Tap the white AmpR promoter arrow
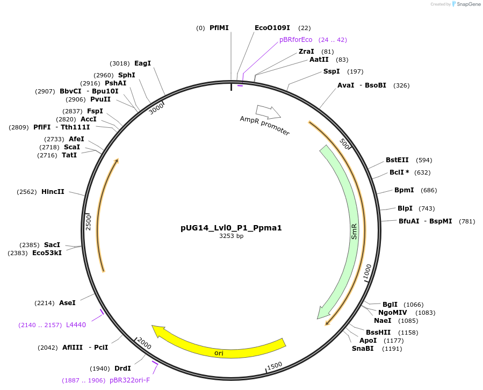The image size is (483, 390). [268, 112]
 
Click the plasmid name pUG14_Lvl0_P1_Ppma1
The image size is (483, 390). [231, 228]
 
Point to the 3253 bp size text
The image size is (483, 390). [232, 236]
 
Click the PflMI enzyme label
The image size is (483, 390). [219, 28]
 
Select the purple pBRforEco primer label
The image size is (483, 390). [295, 40]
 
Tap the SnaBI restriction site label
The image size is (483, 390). [363, 349]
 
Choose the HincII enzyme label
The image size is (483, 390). [53, 192]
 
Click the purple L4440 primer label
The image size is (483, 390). [76, 325]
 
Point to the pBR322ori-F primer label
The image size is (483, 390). [129, 380]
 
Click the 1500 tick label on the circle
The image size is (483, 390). [275, 366]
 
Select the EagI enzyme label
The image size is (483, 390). [142, 63]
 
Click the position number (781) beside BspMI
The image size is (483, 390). [467, 221]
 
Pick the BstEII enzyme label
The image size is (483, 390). [397, 160]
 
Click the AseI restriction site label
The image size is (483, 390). [67, 303]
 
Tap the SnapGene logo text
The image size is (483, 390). [468, 4]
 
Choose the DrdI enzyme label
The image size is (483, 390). [122, 369]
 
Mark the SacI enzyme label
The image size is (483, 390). [52, 245]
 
